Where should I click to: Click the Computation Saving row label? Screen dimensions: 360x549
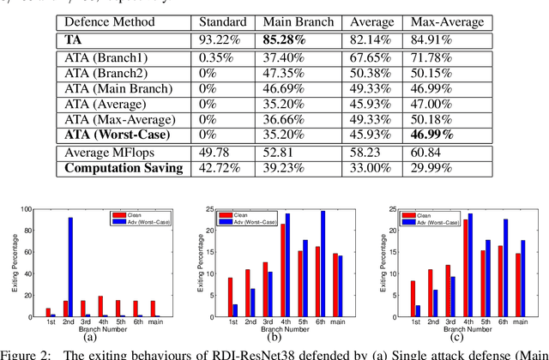(124, 168)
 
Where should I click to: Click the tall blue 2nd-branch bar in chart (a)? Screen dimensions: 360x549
(69, 267)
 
